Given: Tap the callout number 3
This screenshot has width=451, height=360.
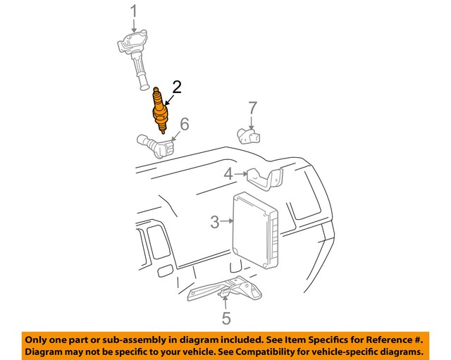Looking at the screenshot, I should coord(215,223).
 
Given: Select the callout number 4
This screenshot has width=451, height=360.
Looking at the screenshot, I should coord(228,174).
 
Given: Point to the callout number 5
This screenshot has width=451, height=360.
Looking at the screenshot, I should coord(225,318).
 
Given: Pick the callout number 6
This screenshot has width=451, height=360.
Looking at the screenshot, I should coord(184,124).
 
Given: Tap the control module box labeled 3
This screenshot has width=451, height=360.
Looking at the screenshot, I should coord(255,230).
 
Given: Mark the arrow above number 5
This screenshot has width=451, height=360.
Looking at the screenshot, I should coord(224,303).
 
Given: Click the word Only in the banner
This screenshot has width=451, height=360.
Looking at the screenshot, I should coord(38,337).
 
